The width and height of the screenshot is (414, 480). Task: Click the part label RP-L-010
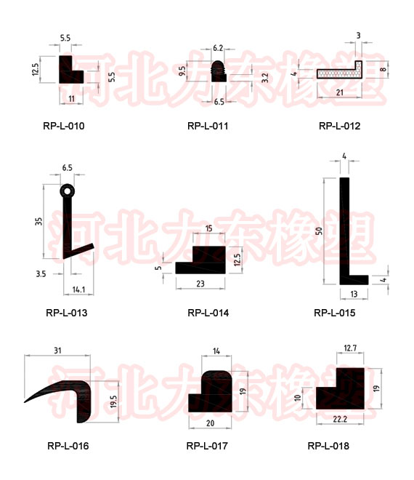tap(64, 126)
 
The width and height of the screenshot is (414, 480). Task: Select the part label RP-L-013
tap(67, 313)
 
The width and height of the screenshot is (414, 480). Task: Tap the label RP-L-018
tap(328, 446)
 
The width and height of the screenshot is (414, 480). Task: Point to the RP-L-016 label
tap(68, 446)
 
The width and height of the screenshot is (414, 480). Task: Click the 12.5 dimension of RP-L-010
tap(36, 69)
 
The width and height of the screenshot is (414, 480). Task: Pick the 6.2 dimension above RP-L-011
tap(218, 48)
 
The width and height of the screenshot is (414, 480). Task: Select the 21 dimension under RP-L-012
tap(340, 92)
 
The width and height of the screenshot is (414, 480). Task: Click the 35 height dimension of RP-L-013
tap(38, 221)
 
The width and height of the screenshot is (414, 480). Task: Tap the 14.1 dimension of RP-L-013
tap(78, 289)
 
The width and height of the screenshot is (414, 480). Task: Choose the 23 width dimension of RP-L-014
tap(200, 284)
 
